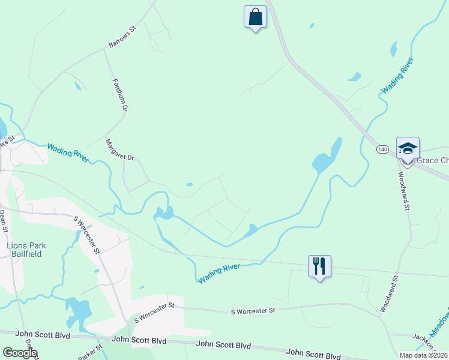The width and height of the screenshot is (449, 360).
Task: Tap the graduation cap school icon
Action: point(408,148)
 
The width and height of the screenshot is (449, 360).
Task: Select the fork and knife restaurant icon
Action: point(319,266)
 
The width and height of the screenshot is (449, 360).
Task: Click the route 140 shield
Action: point(382,148)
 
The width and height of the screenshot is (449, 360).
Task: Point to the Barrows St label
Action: point(123,37)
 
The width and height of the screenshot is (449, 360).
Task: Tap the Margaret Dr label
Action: point(120,150)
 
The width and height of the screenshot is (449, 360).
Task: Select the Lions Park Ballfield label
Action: point(26,249)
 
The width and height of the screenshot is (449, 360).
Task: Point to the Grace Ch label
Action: point(431,161)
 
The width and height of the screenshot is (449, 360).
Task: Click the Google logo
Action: point(19,353)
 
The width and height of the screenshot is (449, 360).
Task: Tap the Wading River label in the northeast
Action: point(397,76)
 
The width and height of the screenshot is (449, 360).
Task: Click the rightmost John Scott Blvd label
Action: point(313,354)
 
